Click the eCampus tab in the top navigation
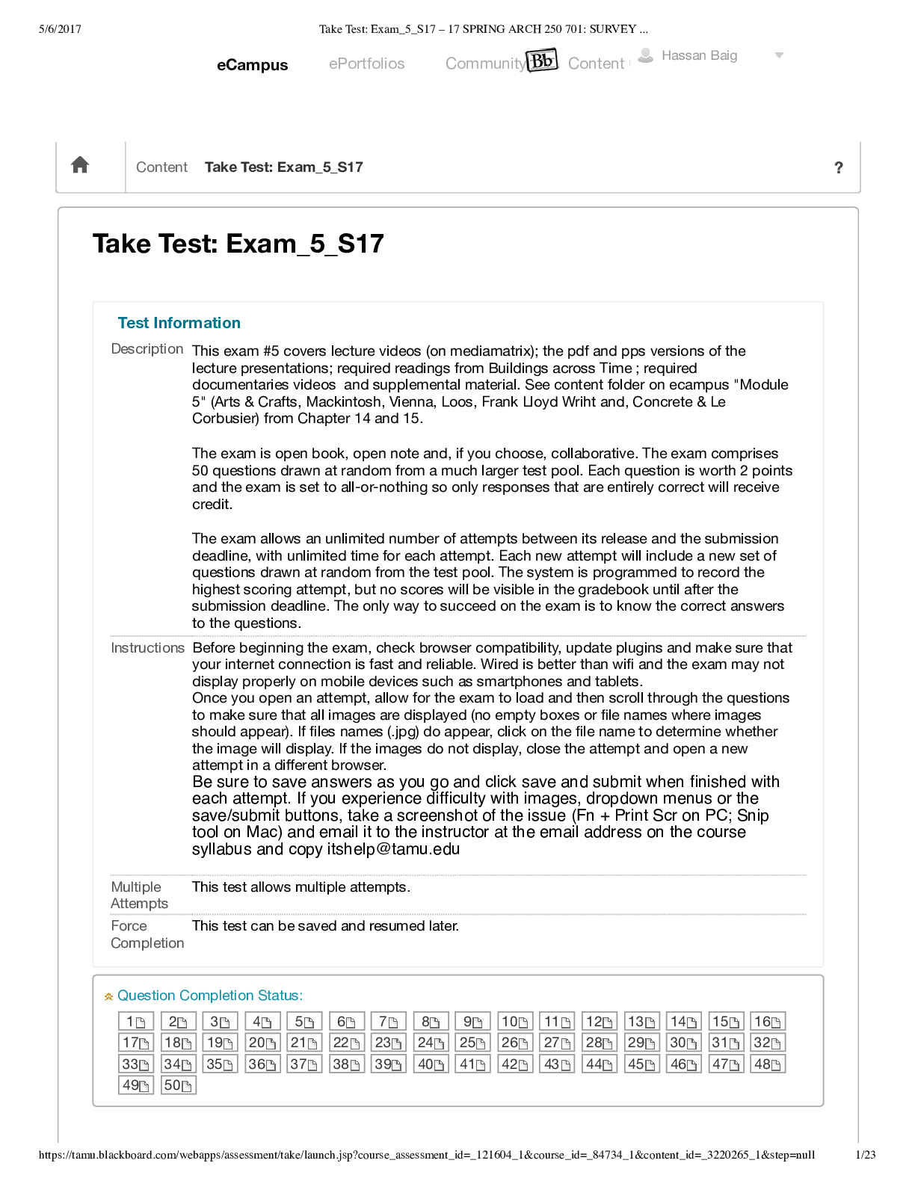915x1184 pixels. click(252, 65)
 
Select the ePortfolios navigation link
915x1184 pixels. click(366, 64)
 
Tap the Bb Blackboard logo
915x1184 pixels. click(542, 60)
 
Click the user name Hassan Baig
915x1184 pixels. click(699, 55)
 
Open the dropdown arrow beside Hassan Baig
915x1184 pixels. click(779, 55)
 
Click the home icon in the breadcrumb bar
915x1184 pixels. click(80, 165)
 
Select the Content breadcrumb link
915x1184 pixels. click(161, 167)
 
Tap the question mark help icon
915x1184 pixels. click(838, 167)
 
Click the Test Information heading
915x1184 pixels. click(179, 323)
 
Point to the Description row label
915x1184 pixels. click(147, 349)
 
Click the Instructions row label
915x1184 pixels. click(147, 647)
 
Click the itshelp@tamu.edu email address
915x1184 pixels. click(393, 849)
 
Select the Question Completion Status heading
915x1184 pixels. click(209, 996)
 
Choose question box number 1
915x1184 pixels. click(135, 1022)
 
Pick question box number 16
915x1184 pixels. click(767, 1022)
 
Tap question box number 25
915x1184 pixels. click(472, 1043)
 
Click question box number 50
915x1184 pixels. click(178, 1085)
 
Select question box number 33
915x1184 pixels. click(135, 1064)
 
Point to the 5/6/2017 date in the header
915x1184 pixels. click(60, 29)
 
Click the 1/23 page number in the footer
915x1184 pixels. click(865, 1155)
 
